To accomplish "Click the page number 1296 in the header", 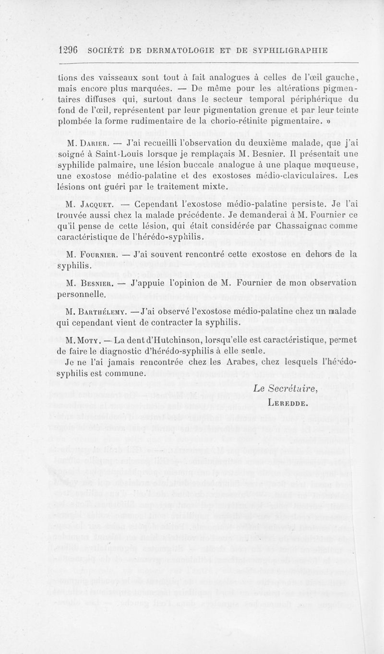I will click(68, 50).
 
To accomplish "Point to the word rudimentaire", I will click(153, 119).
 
